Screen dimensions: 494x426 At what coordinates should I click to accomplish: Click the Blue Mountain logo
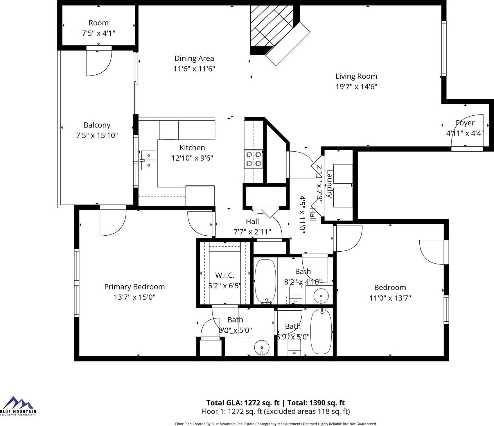[x=18, y=406]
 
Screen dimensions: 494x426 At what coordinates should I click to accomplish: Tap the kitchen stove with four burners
[x=254, y=159]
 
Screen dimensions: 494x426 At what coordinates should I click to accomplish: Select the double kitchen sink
[x=148, y=160]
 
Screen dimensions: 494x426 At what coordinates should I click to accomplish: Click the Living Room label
[x=356, y=76]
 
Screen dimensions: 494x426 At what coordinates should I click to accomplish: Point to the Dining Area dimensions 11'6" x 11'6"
[x=194, y=69]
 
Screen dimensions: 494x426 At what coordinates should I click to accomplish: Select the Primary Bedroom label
[x=134, y=287]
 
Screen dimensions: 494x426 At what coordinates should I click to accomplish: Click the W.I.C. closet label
[x=225, y=275]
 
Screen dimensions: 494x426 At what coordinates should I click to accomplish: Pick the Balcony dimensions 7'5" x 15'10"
[x=97, y=135]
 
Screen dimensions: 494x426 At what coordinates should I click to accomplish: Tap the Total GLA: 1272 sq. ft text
[x=243, y=403]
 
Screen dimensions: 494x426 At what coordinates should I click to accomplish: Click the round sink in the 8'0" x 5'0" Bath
[x=262, y=347]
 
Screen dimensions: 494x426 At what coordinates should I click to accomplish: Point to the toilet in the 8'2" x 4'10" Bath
[x=296, y=294]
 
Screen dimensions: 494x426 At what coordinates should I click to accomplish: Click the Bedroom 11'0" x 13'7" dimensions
[x=390, y=298]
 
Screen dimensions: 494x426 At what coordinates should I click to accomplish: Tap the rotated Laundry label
[x=329, y=184]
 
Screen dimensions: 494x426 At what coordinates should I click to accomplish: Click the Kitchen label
[x=192, y=148]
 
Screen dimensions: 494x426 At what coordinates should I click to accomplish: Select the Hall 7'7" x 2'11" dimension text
[x=252, y=232]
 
